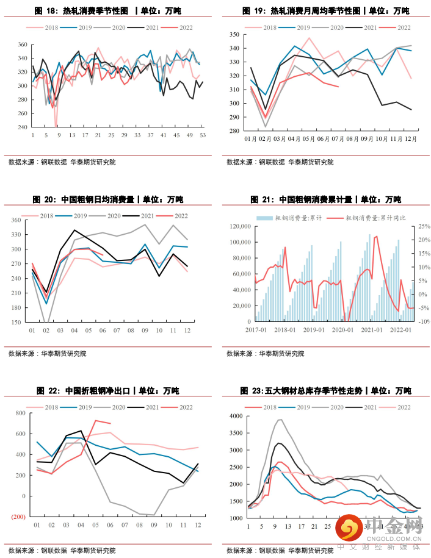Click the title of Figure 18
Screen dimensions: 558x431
coord(108,11)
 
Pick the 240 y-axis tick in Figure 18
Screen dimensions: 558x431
coord(22,127)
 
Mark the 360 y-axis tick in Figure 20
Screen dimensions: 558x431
coord(15,220)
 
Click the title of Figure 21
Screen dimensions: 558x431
coord(325,199)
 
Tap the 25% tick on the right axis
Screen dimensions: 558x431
coord(418,226)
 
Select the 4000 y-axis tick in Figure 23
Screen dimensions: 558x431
coord(236,416)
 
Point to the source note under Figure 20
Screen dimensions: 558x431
coord(47,354)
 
